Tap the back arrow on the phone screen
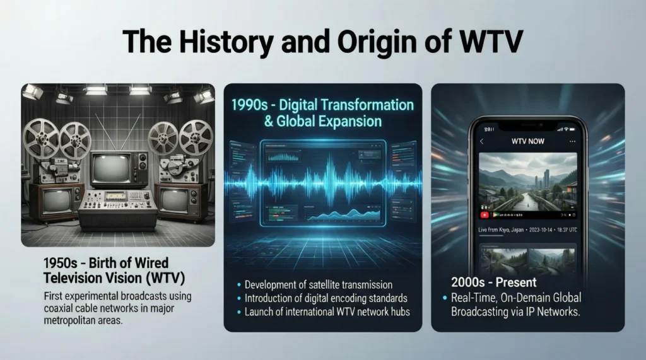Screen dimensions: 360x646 point(483,141)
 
